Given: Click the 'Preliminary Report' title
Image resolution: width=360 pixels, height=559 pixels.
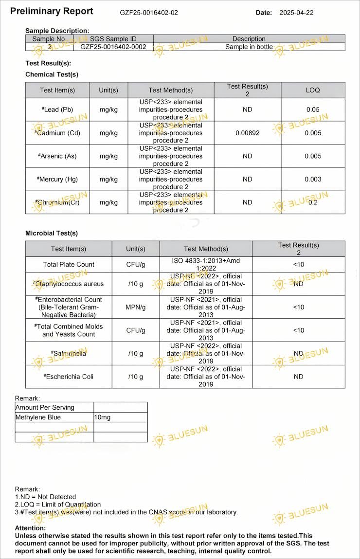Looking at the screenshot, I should tap(52, 11).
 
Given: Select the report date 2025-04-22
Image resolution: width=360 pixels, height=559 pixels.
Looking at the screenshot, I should tap(296, 13).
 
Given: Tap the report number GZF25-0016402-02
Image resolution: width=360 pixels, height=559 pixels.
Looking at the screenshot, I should tap(149, 13).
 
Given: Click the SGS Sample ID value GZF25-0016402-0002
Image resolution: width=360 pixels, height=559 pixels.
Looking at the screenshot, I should tap(113, 47).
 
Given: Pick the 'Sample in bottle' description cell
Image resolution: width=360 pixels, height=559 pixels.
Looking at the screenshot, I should tap(249, 47).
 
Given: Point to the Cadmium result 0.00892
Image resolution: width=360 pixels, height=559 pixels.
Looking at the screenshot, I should tap(247, 133).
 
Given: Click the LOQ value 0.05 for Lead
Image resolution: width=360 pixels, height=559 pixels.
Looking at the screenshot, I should tap(313, 109).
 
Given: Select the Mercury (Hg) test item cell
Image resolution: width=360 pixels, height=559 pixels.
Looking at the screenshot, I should tap(57, 179).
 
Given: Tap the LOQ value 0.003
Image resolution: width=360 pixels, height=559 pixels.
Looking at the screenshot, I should tap(313, 179).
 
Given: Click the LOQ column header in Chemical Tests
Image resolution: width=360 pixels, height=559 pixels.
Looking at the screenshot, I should tap(313, 90).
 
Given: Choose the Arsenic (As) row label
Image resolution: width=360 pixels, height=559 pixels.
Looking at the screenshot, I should tap(57, 156).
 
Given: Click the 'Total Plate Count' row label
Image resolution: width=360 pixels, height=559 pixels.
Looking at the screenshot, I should tap(69, 264).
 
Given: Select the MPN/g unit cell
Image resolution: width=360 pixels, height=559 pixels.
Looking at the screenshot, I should tap(136, 307).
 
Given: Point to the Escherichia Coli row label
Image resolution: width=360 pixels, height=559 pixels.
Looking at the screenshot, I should tap(69, 377).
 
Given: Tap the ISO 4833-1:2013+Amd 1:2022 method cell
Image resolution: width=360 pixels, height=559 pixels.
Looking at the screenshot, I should tap(206, 264).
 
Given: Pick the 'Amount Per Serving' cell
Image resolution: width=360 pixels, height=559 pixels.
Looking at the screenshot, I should tap(45, 407).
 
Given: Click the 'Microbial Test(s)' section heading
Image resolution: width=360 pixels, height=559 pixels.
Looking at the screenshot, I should tap(52, 233).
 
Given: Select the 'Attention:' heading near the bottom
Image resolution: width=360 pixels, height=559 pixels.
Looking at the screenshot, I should tap(30, 528).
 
